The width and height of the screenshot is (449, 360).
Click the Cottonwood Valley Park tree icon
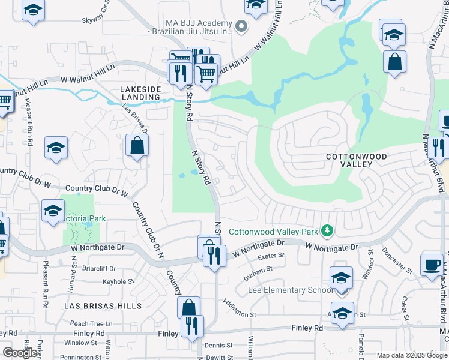click(x=327, y=230)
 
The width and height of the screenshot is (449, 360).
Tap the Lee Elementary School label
click(x=291, y=290)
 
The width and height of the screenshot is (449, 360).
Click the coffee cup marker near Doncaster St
click(x=432, y=265)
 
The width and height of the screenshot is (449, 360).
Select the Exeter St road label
click(x=270, y=256)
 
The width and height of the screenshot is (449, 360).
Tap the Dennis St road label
click(x=218, y=346)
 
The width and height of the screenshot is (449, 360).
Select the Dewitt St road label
click(x=218, y=356)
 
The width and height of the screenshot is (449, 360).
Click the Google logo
click(x=20, y=353)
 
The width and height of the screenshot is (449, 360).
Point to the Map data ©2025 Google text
click(x=411, y=355)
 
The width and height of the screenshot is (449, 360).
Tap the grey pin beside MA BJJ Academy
click(x=241, y=26)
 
